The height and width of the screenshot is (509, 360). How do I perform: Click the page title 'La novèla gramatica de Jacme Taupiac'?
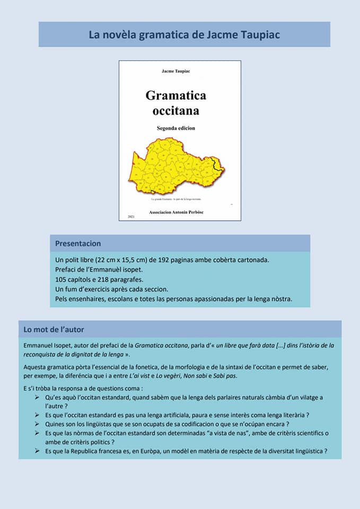[184, 35]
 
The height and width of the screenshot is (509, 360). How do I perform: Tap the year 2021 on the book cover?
[131, 217]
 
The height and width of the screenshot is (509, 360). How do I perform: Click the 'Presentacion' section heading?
[78, 243]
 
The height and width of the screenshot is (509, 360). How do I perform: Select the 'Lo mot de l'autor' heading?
[54, 329]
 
